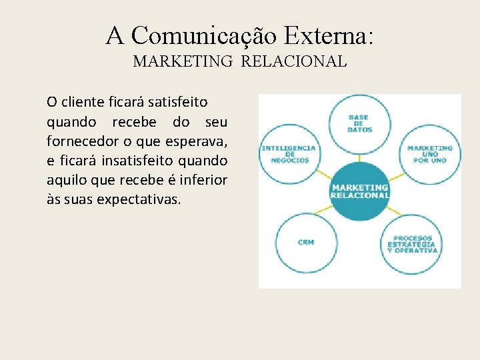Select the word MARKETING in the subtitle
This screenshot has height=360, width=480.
coord(183,61)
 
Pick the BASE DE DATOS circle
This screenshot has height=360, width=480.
coord(360,123)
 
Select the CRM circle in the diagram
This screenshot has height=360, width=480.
coord(306,242)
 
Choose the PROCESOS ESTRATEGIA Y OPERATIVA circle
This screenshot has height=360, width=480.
coord(412,244)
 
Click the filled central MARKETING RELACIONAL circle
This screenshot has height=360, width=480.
coord(360,191)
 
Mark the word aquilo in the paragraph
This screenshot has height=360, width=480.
coord(67,180)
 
